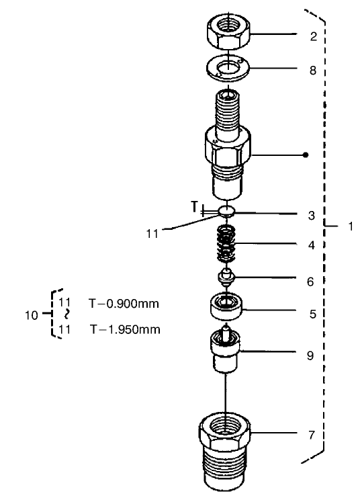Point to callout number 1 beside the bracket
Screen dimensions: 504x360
(350, 226)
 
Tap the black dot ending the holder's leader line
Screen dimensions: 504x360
(306, 155)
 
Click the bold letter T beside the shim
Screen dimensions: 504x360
(194, 207)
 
